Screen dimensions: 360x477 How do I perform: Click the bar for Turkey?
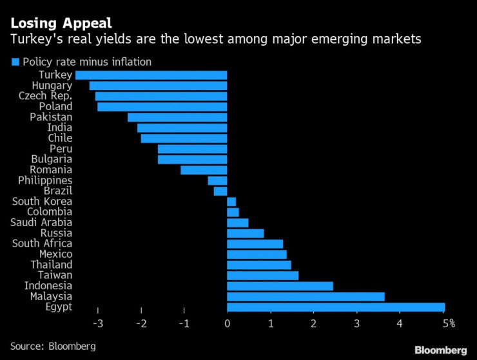coord(151,75)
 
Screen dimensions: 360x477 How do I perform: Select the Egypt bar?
coord(336,307)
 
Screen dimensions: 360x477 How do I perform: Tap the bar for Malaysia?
coord(306,296)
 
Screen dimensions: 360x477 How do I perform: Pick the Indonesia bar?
coord(280,285)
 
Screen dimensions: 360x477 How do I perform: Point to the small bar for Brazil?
coord(220,191)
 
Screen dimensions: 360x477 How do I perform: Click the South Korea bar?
coord(231,202)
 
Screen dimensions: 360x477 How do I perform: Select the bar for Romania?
coord(204,170)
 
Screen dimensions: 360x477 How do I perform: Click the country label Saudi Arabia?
coord(41,222)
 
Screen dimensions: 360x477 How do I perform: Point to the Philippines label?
coord(45,180)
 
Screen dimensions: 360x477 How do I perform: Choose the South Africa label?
coord(42,243)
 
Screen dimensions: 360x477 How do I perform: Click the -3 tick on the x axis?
coord(99,323)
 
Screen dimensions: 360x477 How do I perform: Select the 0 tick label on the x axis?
coord(227,323)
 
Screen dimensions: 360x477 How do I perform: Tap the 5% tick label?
coord(447,323)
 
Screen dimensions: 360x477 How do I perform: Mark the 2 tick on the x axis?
coord(313,323)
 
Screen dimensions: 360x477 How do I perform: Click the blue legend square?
coord(15,62)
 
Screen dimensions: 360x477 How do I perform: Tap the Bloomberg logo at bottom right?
coord(441,350)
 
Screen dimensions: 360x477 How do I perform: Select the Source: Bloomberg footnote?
coord(53,346)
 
